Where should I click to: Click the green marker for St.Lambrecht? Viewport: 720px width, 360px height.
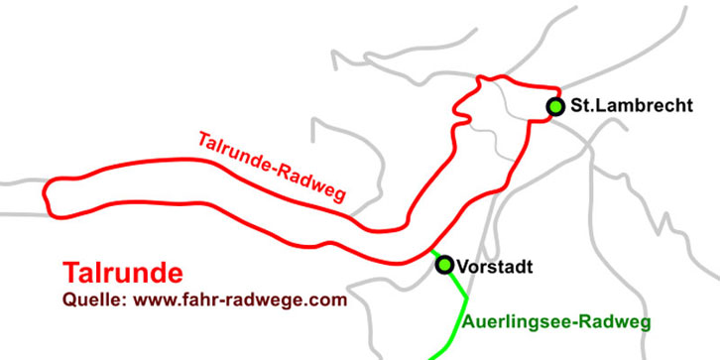coord(555,106)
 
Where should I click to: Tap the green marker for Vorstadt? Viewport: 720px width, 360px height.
coord(444,264)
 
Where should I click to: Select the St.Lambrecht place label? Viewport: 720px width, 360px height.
coord(631,106)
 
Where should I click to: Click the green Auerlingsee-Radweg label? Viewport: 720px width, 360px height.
coord(556,321)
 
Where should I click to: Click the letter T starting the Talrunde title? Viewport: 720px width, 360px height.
coord(70,273)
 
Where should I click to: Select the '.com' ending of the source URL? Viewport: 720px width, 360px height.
coord(329,299)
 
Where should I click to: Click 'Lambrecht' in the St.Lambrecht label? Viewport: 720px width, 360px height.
coord(644,106)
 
